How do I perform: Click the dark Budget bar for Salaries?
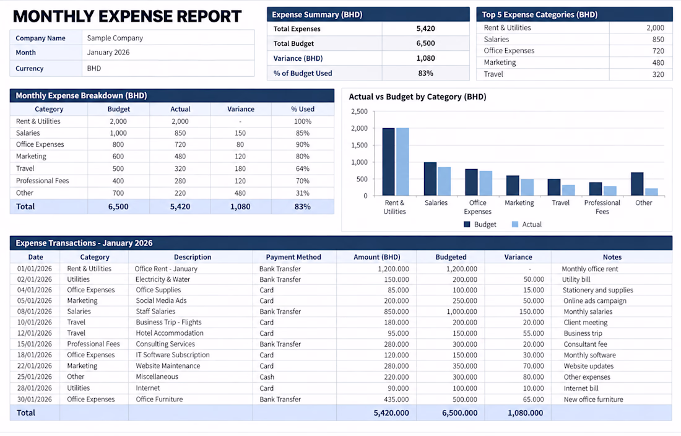pyautogui.click(x=430, y=179)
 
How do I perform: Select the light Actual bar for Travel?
pyautogui.click(x=568, y=190)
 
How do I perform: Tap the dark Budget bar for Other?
pyautogui.click(x=636, y=184)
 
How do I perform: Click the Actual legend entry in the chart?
pyautogui.click(x=526, y=225)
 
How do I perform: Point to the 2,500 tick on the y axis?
pyautogui.click(x=359, y=111)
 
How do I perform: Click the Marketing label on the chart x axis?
pyautogui.click(x=519, y=203)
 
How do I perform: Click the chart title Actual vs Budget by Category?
pyautogui.click(x=417, y=97)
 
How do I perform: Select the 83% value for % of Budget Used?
pyautogui.click(x=426, y=74)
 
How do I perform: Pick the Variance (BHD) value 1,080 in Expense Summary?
pyautogui.click(x=426, y=58)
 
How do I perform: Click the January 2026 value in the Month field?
pyautogui.click(x=108, y=53)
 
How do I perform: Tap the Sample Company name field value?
pyautogui.click(x=115, y=38)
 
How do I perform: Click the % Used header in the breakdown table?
pyautogui.click(x=303, y=109)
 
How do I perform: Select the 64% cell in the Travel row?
pyautogui.click(x=303, y=168)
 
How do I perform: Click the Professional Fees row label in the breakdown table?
pyautogui.click(x=43, y=181)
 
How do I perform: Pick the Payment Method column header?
pyautogui.click(x=293, y=257)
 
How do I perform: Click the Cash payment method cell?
pyautogui.click(x=267, y=377)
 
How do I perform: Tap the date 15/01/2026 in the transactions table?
pyautogui.click(x=34, y=344)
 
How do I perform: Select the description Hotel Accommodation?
pyautogui.click(x=170, y=333)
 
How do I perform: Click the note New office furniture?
pyautogui.click(x=593, y=399)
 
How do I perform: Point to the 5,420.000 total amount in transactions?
pyautogui.click(x=391, y=413)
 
